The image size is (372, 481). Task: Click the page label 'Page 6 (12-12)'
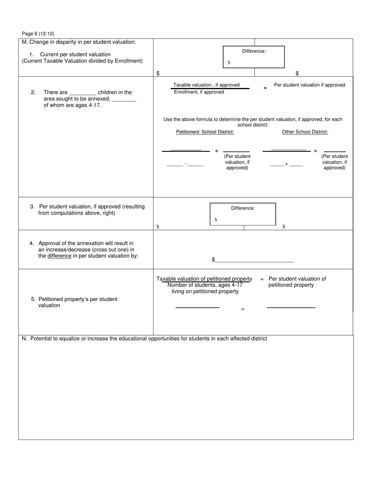click(38, 34)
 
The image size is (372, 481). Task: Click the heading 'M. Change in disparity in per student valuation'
click(79, 42)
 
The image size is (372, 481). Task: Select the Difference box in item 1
click(253, 57)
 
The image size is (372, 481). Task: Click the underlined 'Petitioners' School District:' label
click(205, 132)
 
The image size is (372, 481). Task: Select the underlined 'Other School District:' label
click(305, 132)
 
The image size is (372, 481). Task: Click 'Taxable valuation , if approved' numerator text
click(206, 85)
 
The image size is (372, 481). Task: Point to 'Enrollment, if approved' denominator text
click(199, 92)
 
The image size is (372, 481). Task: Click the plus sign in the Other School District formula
click(287, 164)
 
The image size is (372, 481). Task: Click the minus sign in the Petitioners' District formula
click(185, 164)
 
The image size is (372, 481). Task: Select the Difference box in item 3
click(242, 214)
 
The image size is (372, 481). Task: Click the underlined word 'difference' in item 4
click(59, 256)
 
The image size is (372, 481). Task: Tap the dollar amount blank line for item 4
click(255, 260)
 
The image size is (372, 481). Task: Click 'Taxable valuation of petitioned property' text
click(204, 279)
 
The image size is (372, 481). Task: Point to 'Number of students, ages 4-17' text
click(205, 285)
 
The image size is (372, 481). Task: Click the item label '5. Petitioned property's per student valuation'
click(74, 302)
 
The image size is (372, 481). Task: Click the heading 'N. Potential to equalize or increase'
click(144, 339)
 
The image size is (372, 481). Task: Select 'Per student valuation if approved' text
click(309, 85)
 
